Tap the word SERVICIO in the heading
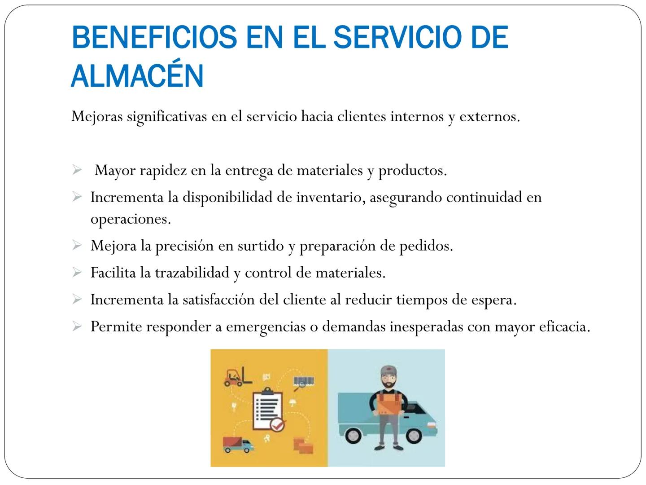[x=398, y=37]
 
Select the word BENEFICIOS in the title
[x=154, y=37]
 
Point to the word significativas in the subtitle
[x=167, y=117]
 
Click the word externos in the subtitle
[x=490, y=117]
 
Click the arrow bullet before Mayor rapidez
[x=77, y=170]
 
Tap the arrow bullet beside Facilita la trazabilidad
[x=77, y=273]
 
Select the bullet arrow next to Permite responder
[x=77, y=326]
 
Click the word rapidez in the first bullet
[x=163, y=171]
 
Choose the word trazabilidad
[x=192, y=273]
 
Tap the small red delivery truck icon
[x=238, y=445]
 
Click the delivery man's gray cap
[x=388, y=371]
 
